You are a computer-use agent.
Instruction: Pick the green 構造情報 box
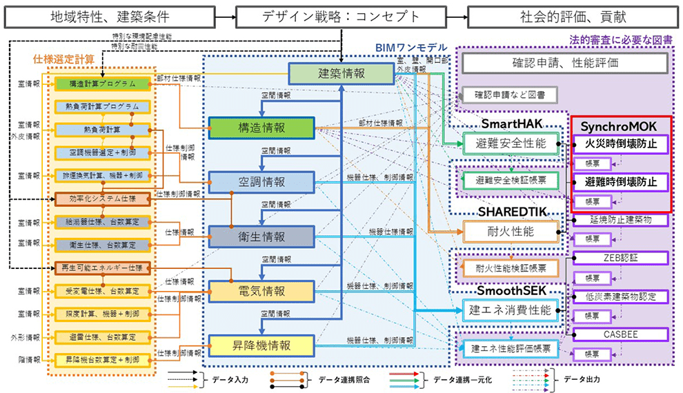261,128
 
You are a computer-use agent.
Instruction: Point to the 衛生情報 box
261,236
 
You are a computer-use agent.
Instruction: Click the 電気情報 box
261,291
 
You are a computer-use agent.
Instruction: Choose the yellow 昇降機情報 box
261,345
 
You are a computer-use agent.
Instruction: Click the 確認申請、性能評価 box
565,63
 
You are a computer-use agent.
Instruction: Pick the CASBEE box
621,334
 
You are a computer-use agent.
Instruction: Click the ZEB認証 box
621,257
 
